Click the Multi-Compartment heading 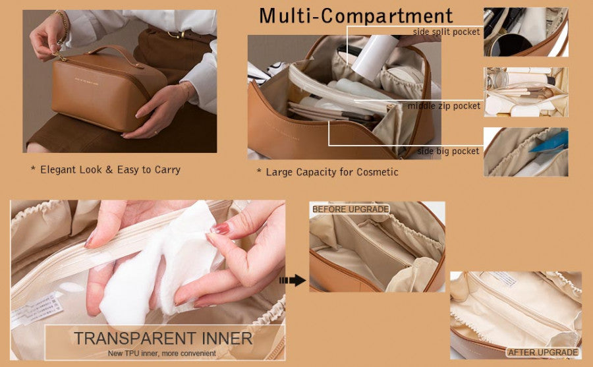tap(356, 16)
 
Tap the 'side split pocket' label tap(446, 32)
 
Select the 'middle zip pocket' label tap(443, 105)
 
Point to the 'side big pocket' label tap(448, 152)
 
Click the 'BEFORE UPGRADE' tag tap(350, 209)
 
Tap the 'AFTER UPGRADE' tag tap(542, 353)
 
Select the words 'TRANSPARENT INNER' tap(163, 339)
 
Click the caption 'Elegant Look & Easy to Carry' tap(105, 169)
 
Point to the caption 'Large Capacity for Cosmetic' tap(327, 172)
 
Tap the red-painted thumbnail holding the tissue tap(221, 229)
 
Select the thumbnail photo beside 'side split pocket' tap(525, 32)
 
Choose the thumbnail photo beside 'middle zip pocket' tap(525, 92)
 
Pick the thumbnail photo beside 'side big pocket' tap(525, 152)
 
